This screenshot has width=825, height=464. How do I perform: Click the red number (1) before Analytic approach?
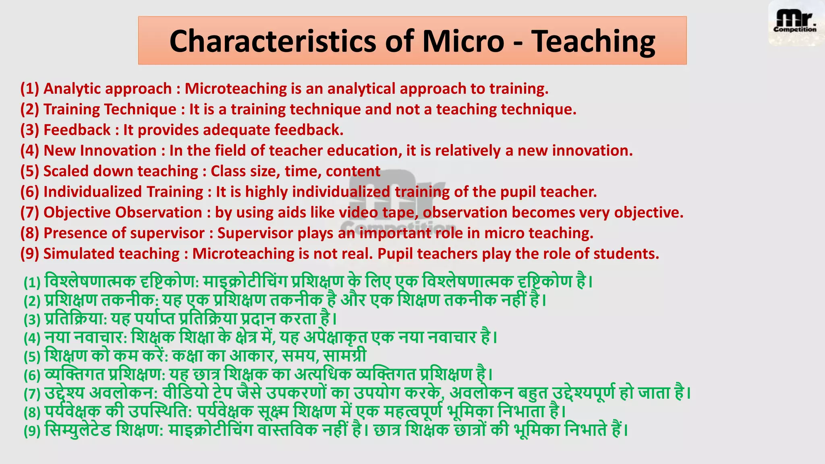click(29, 89)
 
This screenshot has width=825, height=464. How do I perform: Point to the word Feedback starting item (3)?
click(77, 130)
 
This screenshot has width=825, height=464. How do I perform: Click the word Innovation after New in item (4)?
click(118, 151)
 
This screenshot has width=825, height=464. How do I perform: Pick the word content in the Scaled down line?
click(353, 171)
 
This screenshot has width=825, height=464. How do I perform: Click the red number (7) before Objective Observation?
click(29, 212)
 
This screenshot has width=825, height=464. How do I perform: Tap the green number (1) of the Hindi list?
click(32, 282)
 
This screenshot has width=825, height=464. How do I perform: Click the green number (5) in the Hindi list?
click(32, 357)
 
